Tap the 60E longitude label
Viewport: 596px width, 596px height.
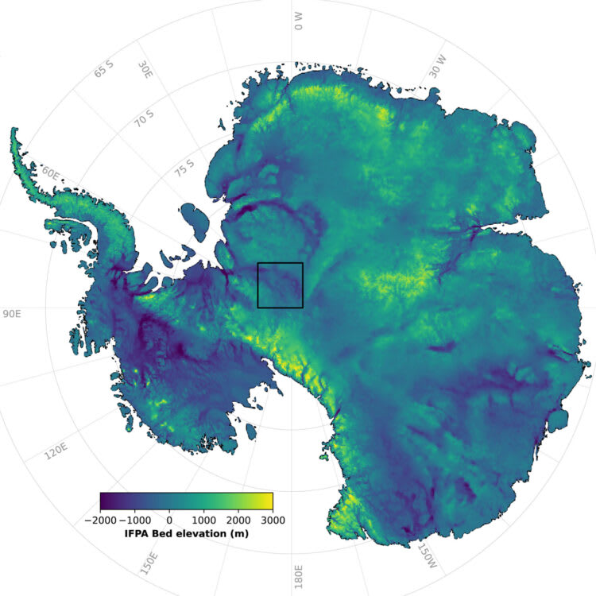pos(52,173)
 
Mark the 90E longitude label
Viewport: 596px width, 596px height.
pos(12,315)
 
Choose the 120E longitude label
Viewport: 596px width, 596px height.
pos(56,453)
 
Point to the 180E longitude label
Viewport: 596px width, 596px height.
pos(299,574)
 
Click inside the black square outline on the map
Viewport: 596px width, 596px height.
pos(280,284)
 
